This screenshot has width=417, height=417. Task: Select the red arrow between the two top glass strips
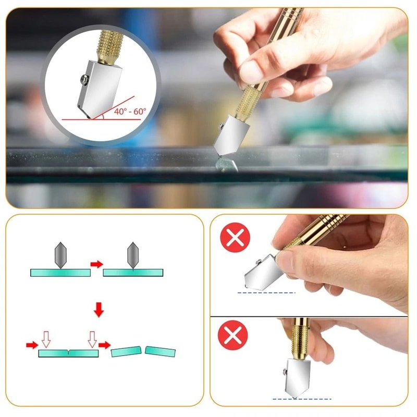(96, 264)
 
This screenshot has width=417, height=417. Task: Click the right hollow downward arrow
(92, 339)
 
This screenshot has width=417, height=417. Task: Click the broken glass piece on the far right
(160, 351)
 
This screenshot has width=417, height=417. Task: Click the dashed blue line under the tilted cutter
(266, 292)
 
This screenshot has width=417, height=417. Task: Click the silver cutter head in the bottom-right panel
(301, 374)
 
